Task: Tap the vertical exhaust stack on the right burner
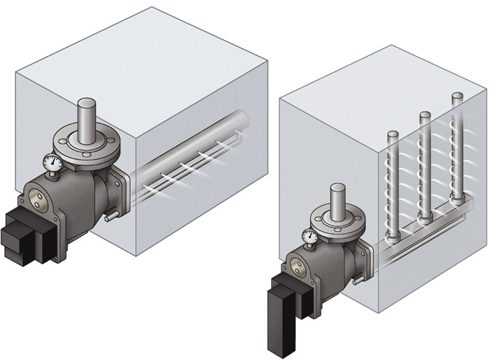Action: coord(338,201)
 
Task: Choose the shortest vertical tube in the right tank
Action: coord(393,187)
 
